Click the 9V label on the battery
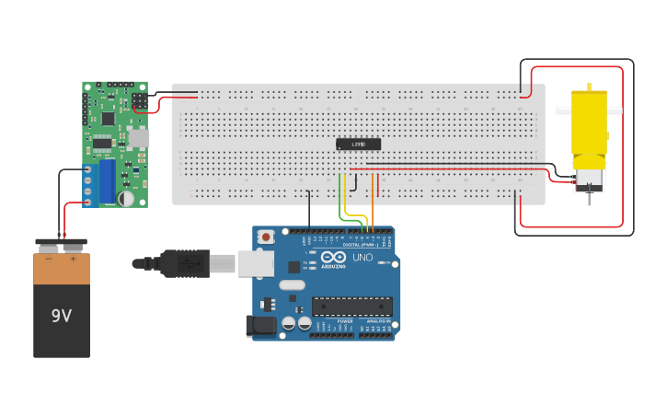pyautogui.click(x=61, y=316)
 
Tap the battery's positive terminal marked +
pyautogui.click(x=73, y=259)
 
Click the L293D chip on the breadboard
pyautogui.click(x=358, y=144)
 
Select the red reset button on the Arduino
pyautogui.click(x=266, y=237)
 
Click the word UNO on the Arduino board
pyautogui.click(x=362, y=258)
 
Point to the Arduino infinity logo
pyautogui.click(x=334, y=257)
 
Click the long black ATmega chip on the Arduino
pyautogui.click(x=351, y=307)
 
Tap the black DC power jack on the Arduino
pyautogui.click(x=261, y=325)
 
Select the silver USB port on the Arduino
pyautogui.click(x=255, y=264)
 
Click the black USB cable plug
pyautogui.click(x=184, y=263)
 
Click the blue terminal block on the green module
pyautogui.click(x=107, y=180)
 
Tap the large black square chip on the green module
pyautogui.click(x=108, y=118)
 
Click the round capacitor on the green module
pyautogui.click(x=126, y=198)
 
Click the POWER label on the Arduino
pyautogui.click(x=332, y=321)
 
